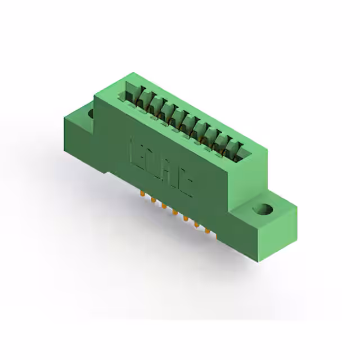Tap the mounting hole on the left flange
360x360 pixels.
tap(91, 113)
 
